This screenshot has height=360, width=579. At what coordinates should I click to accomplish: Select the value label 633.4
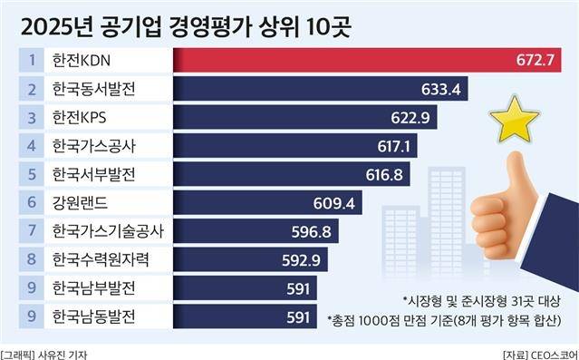[441, 89]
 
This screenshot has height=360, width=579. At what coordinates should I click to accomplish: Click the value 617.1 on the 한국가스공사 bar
[395, 146]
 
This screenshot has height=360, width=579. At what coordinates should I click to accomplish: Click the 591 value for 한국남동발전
[298, 317]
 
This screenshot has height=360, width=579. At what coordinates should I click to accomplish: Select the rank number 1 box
[31, 61]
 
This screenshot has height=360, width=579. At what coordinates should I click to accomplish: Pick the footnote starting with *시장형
[478, 299]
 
